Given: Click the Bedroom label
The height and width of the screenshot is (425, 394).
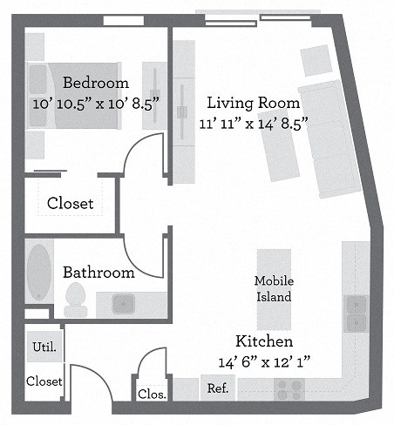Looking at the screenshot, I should coord(96,84).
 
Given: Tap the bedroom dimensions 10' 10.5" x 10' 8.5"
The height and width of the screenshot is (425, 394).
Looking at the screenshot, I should coord(96,103).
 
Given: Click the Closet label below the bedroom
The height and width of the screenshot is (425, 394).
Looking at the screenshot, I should coord(70,203).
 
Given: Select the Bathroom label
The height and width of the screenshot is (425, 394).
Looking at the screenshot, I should coord(98,273).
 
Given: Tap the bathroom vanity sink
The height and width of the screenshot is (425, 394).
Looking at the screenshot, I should coord(123,304).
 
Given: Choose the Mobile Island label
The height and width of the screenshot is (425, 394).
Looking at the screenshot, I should coord(273,288).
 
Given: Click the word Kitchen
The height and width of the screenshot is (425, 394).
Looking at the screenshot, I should coord(263,341).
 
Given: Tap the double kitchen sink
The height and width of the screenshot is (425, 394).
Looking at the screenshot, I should coord(357,314).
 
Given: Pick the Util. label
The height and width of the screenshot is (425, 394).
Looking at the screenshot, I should coord(44,347).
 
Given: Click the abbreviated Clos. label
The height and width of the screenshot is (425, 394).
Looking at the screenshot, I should coord(152,394).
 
